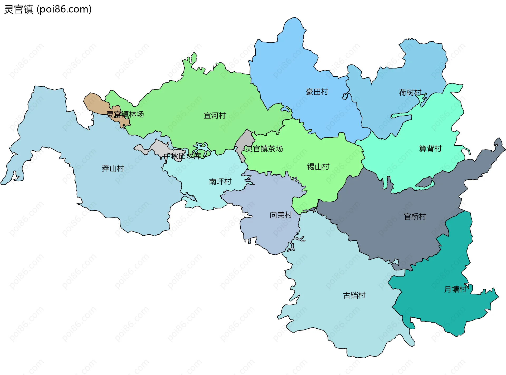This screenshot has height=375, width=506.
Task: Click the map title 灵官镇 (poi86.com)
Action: [48, 9]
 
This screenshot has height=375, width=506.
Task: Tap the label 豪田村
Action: [317, 92]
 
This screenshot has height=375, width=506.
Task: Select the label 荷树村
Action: [410, 92]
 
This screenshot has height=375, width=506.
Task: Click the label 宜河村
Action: [215, 116]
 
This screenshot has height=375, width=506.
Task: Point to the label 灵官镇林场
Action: [125, 114]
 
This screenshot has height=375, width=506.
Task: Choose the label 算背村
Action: [430, 149]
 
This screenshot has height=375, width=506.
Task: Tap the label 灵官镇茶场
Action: [264, 149]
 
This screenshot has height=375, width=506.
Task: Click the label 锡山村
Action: [318, 167]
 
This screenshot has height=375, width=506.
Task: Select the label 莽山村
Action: [113, 168]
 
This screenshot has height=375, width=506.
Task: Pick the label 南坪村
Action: [220, 181]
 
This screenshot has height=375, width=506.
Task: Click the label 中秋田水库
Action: [182, 156]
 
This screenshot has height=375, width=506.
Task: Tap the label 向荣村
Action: [281, 215]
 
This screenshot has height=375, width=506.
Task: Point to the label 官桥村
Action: [415, 216]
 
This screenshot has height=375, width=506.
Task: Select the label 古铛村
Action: [354, 295]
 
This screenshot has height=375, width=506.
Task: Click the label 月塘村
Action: [455, 289]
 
